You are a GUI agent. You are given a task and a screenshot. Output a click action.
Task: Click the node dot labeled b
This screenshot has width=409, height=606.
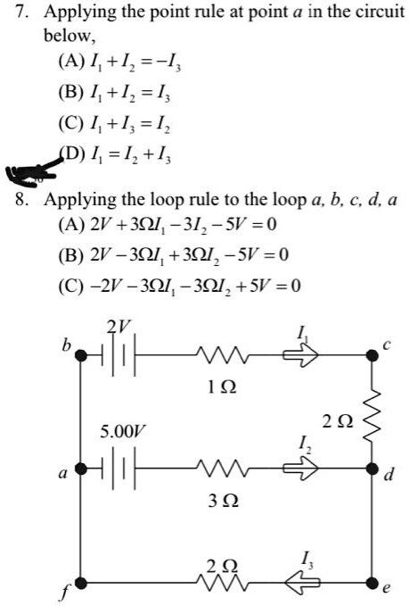pyautogui.click(x=81, y=355)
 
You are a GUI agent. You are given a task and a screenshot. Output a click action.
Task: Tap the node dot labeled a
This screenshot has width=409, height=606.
pyautogui.click(x=81, y=469)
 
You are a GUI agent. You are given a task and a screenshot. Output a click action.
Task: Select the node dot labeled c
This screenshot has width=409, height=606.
pyautogui.click(x=372, y=355)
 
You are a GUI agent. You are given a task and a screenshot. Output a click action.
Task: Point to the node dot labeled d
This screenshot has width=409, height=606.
pyautogui.click(x=372, y=469)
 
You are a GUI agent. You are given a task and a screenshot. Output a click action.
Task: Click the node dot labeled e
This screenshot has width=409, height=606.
pyautogui.click(x=372, y=583)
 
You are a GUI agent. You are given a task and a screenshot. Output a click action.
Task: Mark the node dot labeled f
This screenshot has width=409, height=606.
pyautogui.click(x=81, y=583)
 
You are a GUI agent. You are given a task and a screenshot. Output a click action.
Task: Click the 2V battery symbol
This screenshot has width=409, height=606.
pyautogui.click(x=119, y=355)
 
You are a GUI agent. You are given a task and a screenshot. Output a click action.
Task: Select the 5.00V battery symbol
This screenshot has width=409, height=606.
pyautogui.click(x=119, y=469)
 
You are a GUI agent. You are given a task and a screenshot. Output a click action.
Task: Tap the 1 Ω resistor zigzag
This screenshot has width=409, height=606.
pyautogui.click(x=222, y=355)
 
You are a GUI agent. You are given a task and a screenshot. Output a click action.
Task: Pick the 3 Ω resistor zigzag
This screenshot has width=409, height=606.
pyautogui.click(x=222, y=469)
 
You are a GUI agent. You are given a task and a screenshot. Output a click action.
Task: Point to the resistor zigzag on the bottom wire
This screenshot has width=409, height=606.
pyautogui.click(x=222, y=583)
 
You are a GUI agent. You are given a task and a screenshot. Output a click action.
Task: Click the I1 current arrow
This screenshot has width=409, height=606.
pyautogui.click(x=301, y=355)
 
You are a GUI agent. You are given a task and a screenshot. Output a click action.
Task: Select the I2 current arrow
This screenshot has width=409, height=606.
pyautogui.click(x=301, y=469)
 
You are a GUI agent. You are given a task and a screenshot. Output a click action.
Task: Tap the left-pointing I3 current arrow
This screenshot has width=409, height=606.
pyautogui.click(x=302, y=583)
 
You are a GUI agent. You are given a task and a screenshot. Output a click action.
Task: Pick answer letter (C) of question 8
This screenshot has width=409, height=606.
pyautogui.click(x=71, y=286)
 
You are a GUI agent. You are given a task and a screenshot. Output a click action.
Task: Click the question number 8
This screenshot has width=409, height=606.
pyautogui.click(x=20, y=200)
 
